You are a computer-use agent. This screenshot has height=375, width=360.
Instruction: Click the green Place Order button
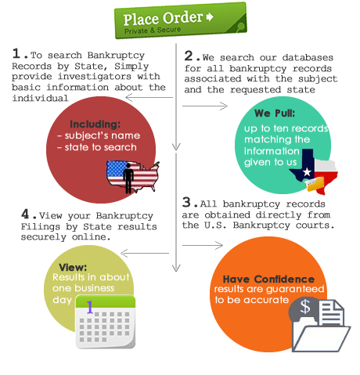[181, 20]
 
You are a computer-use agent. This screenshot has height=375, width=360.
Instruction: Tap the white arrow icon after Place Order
[210, 17]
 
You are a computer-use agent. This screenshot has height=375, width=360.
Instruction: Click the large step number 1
[16, 53]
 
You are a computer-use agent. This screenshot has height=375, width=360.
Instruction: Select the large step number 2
[189, 56]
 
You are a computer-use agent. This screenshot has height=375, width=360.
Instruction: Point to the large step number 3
[186, 202]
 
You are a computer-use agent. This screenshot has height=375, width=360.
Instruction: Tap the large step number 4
[25, 214]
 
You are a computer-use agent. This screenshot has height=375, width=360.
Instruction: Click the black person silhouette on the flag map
[128, 178]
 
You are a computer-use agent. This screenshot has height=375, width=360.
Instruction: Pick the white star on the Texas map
[307, 172]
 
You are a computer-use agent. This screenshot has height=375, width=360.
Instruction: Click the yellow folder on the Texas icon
[315, 184]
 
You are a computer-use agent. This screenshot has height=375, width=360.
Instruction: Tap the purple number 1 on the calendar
[90, 307]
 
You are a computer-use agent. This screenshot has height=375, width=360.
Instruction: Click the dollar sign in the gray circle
[305, 306]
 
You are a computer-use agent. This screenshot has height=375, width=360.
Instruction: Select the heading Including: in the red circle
[95, 124]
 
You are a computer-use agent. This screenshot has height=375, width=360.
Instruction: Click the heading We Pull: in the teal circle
[275, 114]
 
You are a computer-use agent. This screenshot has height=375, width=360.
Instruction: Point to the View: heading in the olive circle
[73, 267]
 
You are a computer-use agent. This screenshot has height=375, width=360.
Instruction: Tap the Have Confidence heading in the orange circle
[268, 279]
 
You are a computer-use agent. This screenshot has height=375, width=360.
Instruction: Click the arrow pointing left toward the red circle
[149, 98]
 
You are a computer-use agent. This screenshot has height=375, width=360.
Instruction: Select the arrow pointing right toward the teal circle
[205, 106]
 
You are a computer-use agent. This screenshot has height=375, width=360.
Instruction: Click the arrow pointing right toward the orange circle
[203, 245]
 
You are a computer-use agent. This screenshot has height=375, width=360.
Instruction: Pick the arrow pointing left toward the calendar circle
[145, 253]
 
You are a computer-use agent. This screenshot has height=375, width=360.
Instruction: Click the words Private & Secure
[153, 31]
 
